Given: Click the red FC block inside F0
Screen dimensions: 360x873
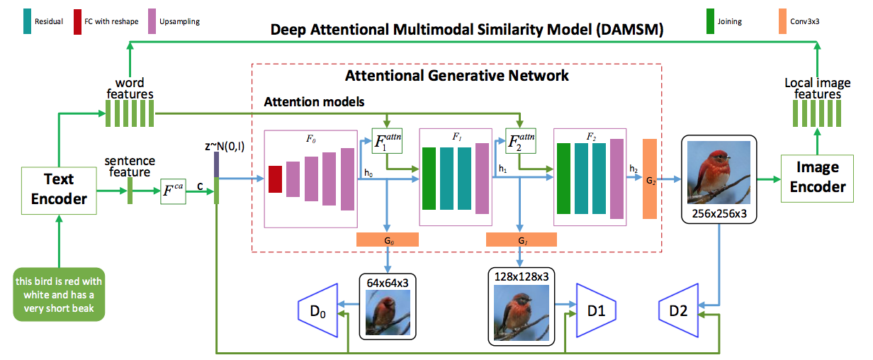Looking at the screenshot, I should pos(275,179).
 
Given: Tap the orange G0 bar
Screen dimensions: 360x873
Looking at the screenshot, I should pos(388,240).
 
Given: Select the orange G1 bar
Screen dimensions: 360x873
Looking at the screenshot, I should pos(522,240).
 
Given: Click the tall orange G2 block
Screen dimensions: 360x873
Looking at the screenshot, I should pos(650,179).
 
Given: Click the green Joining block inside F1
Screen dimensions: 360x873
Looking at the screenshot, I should pos(429,178).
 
